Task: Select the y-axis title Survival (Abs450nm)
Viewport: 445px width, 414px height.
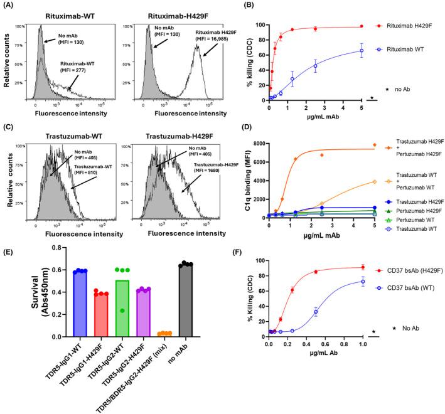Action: tap(16, 294)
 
